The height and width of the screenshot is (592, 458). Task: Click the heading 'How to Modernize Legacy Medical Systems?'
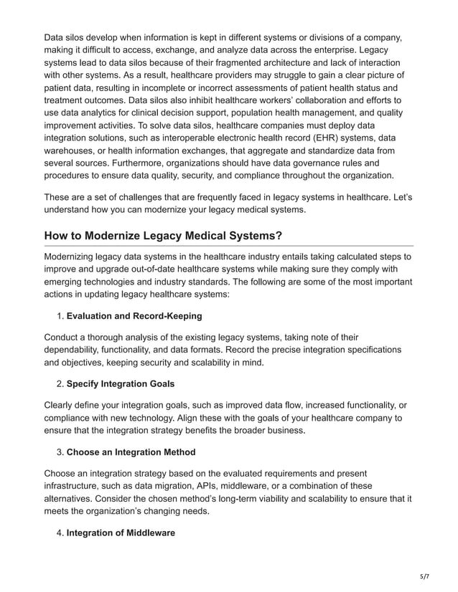point(164,236)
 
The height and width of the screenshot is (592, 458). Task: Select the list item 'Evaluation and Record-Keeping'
point(134,316)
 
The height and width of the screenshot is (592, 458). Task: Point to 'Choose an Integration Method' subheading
point(131,452)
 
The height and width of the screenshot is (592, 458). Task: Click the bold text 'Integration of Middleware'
point(121,533)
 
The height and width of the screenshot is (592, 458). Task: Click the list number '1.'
point(60,316)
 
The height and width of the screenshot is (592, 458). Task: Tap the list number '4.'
point(60,533)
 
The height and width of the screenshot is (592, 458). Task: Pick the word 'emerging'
point(67,282)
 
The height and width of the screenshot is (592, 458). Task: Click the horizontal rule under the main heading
point(229,246)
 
